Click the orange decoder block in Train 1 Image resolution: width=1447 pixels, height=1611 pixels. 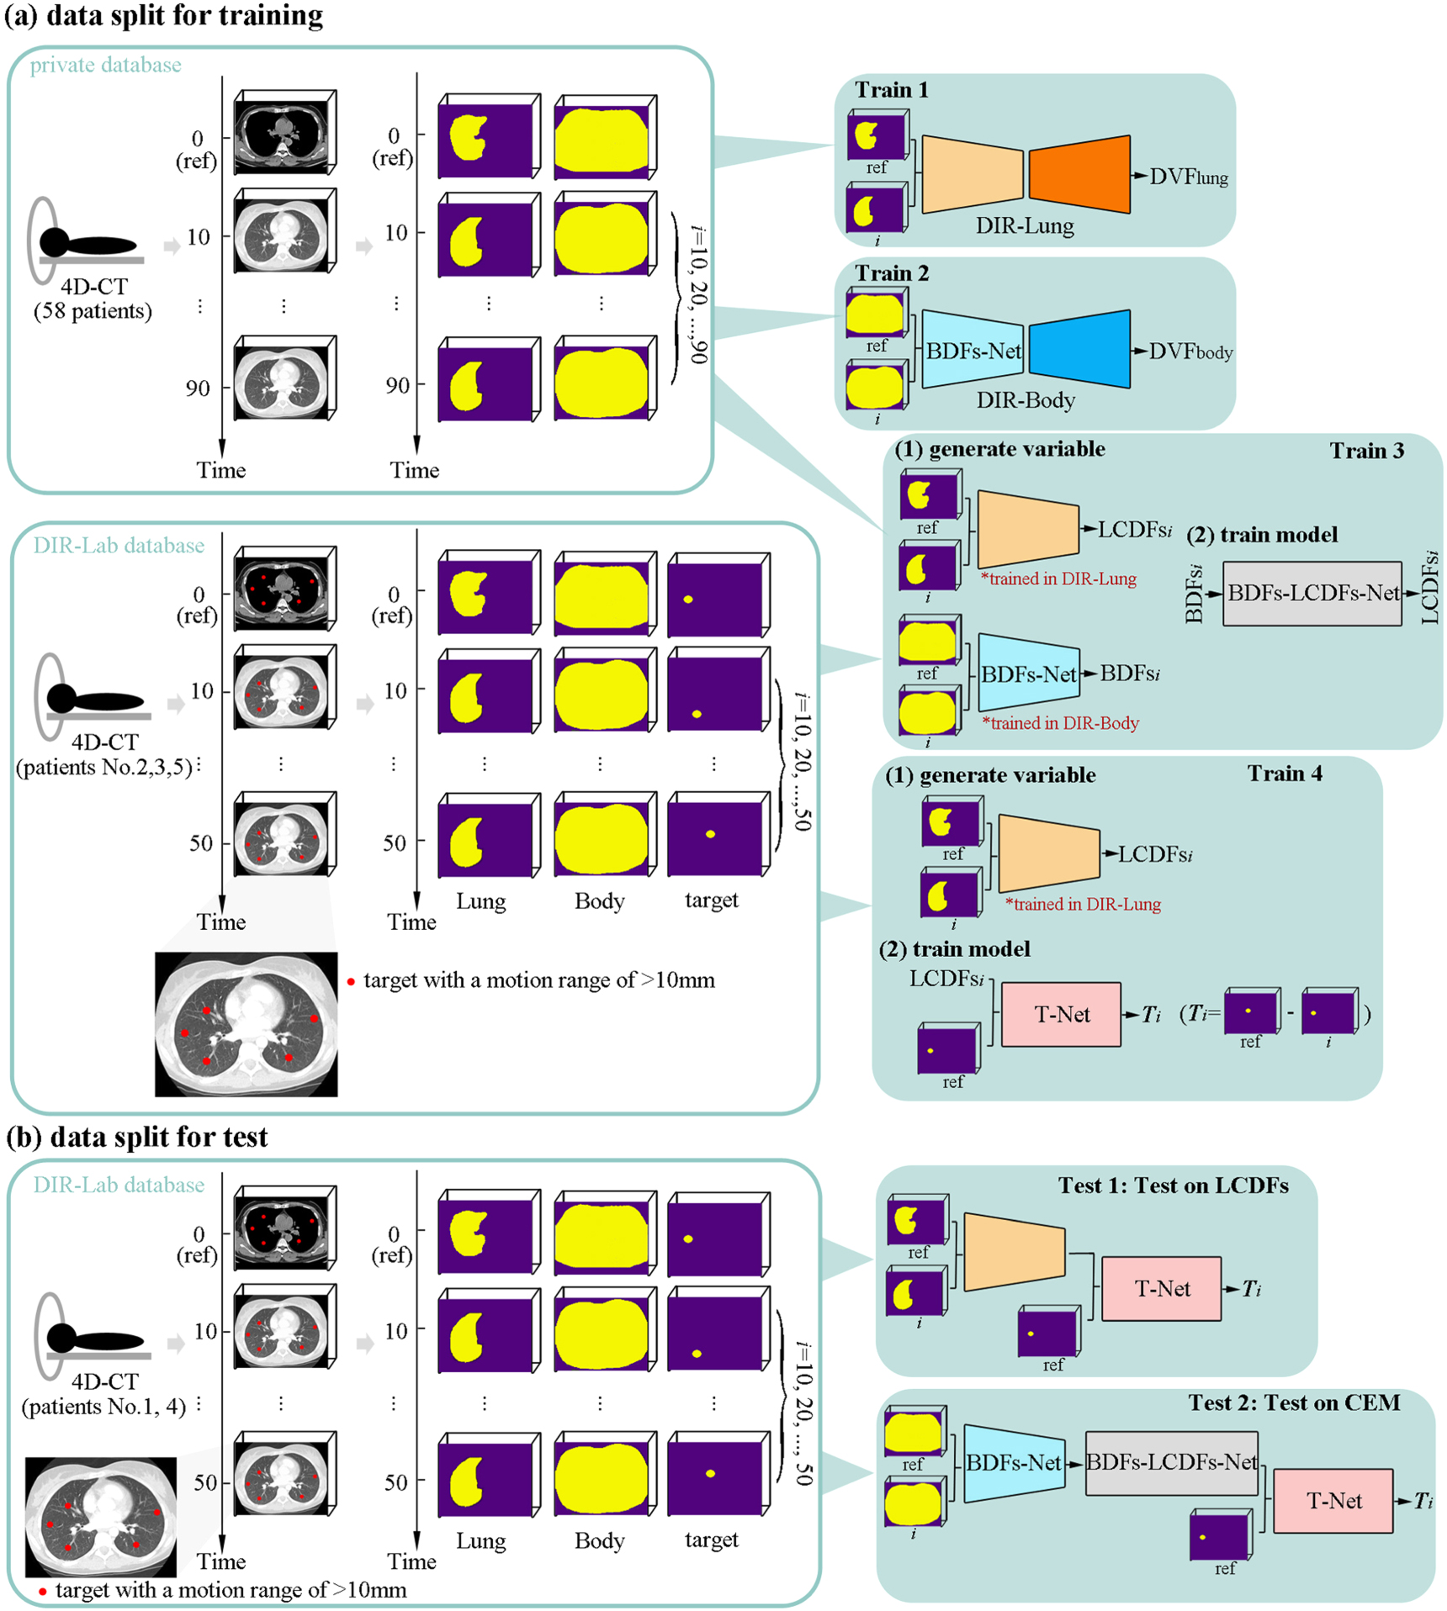click(1079, 174)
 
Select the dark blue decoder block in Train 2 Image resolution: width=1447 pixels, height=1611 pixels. click(1079, 349)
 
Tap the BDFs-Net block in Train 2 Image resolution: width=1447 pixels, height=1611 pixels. click(973, 350)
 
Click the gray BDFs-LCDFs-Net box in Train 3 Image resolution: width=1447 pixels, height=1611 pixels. click(1312, 594)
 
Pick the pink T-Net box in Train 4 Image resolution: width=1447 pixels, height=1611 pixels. click(1061, 1014)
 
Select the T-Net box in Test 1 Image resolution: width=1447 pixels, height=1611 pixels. click(1161, 1289)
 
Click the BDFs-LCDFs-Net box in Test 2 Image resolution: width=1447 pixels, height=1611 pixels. click(1171, 1463)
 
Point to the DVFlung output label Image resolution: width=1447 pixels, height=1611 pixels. click(1188, 177)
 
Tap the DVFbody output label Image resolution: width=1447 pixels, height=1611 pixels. click(1190, 351)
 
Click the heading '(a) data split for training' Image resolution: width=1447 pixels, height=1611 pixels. click(164, 15)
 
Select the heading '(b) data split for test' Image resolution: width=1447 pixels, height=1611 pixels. click(137, 1137)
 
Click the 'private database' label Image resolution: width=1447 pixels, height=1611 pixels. click(105, 66)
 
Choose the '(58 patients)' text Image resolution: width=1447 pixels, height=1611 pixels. click(93, 311)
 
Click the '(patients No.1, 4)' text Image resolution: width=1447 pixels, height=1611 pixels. click(103, 1407)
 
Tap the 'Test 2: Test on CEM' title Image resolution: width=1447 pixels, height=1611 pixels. click(1293, 1402)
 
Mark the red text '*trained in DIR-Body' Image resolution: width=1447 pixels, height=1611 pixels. click(1060, 723)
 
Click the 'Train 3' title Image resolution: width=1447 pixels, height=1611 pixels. click(1366, 451)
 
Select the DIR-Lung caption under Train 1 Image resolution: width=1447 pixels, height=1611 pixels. click(1024, 225)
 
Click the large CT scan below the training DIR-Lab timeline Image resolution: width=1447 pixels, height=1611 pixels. click(246, 1024)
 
